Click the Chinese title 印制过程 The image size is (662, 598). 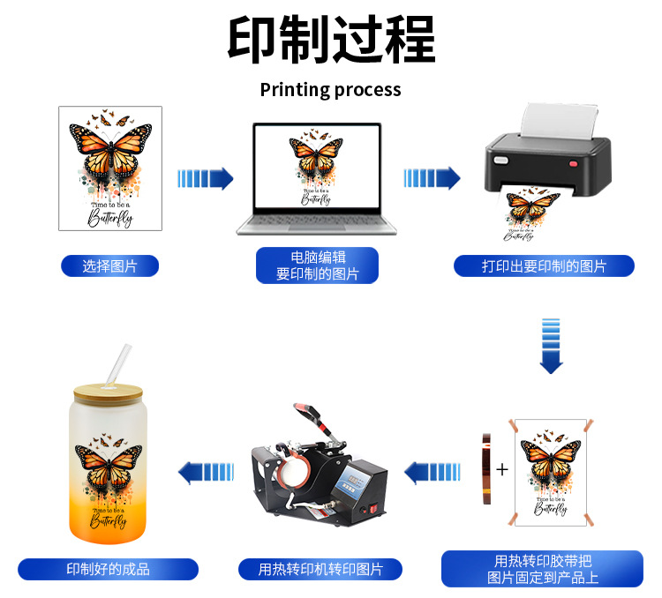[x=331, y=40]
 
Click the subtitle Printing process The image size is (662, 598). [x=331, y=90]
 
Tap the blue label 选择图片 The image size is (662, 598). [x=110, y=265]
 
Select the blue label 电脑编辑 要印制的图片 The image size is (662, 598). [x=318, y=265]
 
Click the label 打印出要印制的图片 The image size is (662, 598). [x=544, y=265]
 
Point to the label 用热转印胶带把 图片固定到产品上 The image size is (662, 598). [x=543, y=569]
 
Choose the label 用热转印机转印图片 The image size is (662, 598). [x=320, y=569]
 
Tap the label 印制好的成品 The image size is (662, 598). [x=109, y=569]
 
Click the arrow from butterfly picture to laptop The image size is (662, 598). [x=205, y=179]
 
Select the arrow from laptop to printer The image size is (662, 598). [x=432, y=179]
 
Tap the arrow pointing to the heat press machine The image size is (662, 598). [x=433, y=472]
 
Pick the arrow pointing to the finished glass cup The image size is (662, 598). [x=206, y=472]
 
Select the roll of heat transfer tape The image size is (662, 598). [x=485, y=469]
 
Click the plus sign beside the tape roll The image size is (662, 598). [x=502, y=469]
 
